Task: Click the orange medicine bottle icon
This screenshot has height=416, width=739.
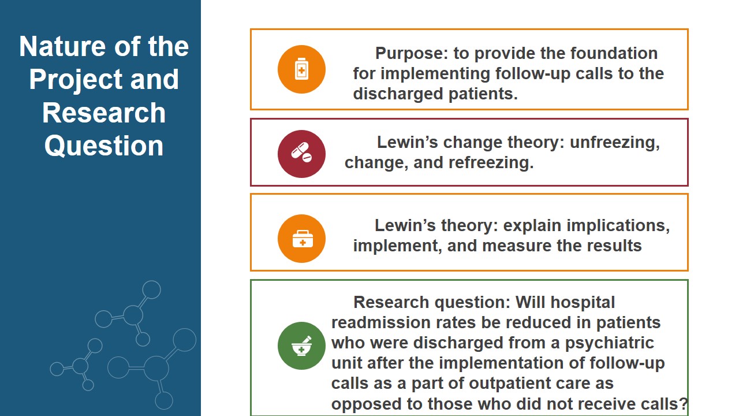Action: coord(301,69)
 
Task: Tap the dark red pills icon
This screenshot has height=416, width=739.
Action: coord(301,154)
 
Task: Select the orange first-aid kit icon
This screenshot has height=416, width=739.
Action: coord(301,239)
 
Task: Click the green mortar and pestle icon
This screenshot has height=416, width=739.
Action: coord(301,346)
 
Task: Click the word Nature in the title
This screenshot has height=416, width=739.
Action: coord(63,47)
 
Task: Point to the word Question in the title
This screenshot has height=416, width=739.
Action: coord(104,146)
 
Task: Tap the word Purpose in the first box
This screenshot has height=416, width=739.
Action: coord(412,54)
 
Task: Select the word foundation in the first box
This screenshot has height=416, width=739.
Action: coord(614,53)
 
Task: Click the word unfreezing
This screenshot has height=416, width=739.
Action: coord(615,143)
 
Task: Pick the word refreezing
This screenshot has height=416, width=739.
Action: coord(491,163)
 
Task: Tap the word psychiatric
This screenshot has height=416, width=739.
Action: coord(610,343)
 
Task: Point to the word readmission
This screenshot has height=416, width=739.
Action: coord(381,322)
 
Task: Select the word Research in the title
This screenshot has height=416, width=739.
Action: coord(104,113)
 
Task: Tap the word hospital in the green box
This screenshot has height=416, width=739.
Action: coord(583,302)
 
